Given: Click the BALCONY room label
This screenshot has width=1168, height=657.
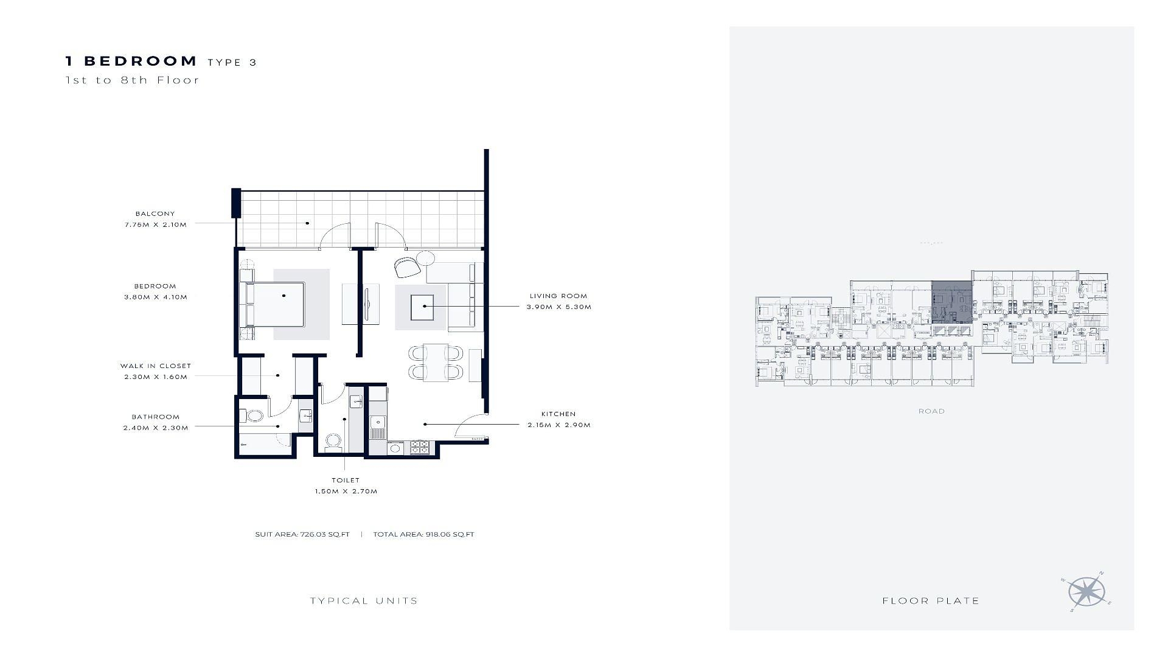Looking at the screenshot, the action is (155, 214).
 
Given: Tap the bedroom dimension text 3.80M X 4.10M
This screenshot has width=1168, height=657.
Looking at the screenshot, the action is (156, 297).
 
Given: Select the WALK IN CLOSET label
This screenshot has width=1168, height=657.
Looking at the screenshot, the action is (156, 366).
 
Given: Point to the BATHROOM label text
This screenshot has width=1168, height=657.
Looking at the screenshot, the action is (156, 417).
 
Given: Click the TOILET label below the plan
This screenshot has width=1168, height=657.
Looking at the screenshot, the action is (346, 481).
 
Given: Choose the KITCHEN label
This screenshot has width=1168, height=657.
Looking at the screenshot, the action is (558, 414).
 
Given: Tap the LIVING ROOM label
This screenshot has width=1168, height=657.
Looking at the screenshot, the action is (558, 296).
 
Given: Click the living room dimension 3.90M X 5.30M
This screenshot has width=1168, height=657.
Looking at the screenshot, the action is (559, 307).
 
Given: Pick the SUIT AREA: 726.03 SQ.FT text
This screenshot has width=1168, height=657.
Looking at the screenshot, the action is (302, 535).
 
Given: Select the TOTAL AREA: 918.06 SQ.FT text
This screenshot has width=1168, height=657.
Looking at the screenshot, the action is (423, 535).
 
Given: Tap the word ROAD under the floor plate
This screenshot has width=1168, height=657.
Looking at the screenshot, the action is (931, 411).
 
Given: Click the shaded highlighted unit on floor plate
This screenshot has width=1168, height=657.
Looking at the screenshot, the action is (952, 302).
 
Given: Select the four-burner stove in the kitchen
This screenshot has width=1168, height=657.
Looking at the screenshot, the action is (420, 447).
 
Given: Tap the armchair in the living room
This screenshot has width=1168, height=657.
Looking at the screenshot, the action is (407, 266).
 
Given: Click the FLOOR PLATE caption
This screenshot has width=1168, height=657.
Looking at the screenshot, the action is (931, 601).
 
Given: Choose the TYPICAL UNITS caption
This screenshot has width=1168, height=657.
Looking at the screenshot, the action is (364, 601).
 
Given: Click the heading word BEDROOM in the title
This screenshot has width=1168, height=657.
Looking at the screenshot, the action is (141, 61).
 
